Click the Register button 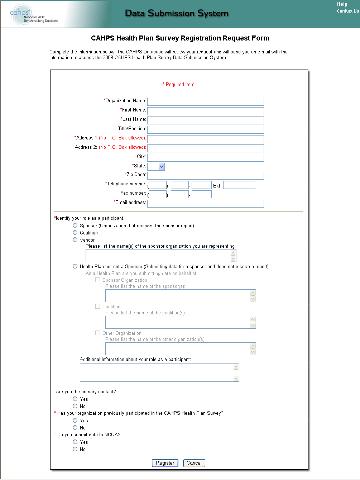click(x=165, y=463)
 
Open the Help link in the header click(x=342, y=4)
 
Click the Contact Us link click(x=347, y=11)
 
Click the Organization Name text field click(x=205, y=102)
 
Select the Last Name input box click(x=205, y=120)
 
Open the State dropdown click(x=156, y=166)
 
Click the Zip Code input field click(x=205, y=176)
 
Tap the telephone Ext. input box click(x=239, y=185)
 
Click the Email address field click(x=205, y=204)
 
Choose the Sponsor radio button click(x=75, y=225)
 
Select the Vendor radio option click(x=75, y=240)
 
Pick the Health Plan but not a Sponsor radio click(x=75, y=266)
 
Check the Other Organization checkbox click(x=98, y=333)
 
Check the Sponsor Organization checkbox click(x=98, y=280)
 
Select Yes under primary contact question click(x=75, y=399)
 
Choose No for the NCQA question click(x=75, y=449)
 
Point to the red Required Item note click(x=179, y=85)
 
